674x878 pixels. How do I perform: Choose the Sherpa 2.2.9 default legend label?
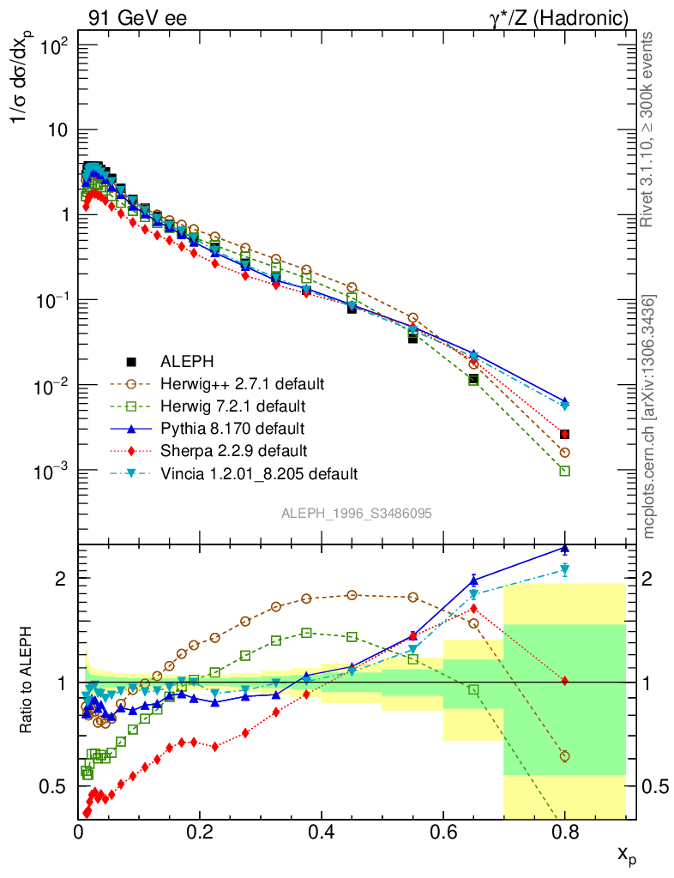point(232,450)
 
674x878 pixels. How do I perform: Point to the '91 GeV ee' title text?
point(137,18)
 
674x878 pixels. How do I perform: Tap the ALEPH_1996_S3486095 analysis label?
point(356,514)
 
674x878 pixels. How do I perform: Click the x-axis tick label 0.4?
point(322,832)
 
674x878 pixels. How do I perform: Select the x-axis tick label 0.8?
point(564,832)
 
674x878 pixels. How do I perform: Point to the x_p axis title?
point(627,855)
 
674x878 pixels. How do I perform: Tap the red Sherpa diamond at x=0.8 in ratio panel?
point(564,681)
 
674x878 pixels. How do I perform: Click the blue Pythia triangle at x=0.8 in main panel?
point(564,401)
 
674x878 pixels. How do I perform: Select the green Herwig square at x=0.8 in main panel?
point(564,471)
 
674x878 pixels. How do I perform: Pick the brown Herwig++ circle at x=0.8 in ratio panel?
point(564,756)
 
